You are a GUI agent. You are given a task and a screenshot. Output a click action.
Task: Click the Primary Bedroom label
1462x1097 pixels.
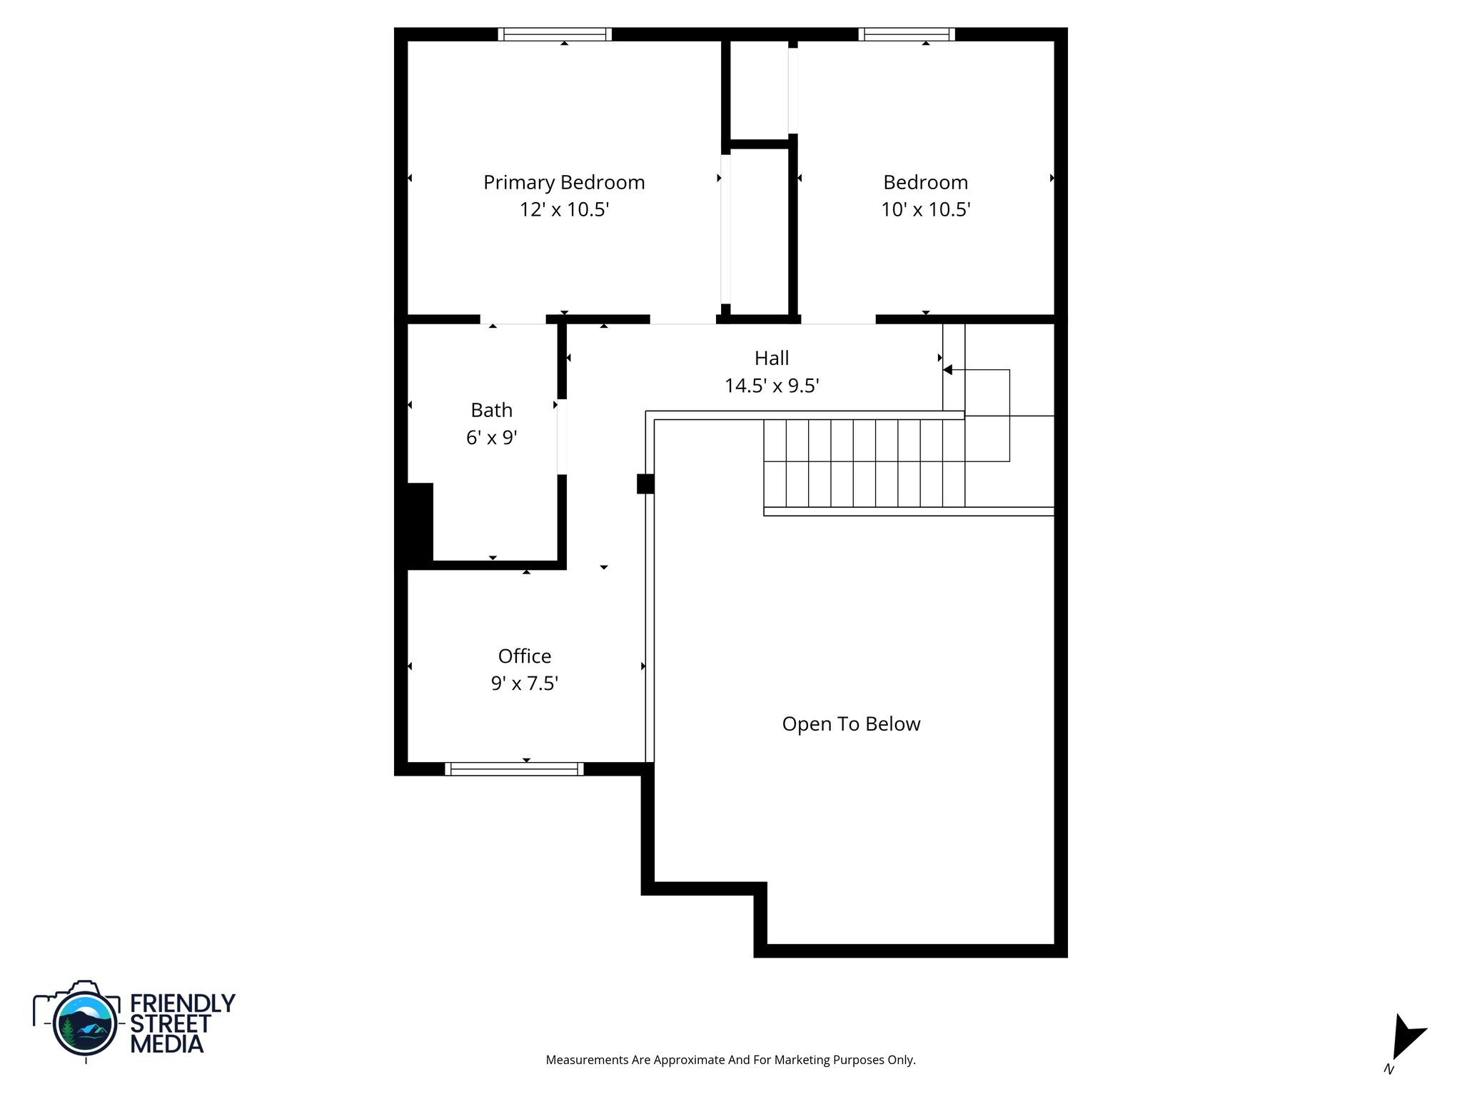[564, 182]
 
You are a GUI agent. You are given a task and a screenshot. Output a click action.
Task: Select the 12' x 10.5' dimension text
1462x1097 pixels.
[564, 210]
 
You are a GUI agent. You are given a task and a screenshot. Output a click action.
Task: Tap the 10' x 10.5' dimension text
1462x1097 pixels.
[925, 210]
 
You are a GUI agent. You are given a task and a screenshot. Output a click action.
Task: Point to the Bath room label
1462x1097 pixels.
[491, 410]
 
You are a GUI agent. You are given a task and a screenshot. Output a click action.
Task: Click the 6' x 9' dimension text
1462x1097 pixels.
[491, 437]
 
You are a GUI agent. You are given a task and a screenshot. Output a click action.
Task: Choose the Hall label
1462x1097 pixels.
[772, 358]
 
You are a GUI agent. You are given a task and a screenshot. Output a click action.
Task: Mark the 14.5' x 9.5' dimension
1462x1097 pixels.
[772, 386]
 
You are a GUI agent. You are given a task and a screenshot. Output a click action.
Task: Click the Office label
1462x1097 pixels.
[524, 656]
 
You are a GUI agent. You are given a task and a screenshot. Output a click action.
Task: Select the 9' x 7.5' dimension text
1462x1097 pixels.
[524, 683]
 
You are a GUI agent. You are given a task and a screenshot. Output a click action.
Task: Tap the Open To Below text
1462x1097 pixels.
[851, 724]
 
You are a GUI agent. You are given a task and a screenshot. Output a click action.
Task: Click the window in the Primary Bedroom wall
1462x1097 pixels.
[555, 34]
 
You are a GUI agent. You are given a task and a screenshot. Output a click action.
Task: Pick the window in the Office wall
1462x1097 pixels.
[514, 768]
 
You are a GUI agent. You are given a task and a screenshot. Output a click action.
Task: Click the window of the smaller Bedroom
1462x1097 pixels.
[907, 34]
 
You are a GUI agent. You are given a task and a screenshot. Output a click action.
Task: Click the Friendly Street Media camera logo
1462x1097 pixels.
[84, 1021]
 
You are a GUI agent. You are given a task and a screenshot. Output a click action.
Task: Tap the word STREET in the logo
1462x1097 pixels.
[170, 1023]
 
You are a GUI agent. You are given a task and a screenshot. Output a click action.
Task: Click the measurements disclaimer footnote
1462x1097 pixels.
[730, 1060]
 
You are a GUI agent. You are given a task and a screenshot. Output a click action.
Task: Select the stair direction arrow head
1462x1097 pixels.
[948, 370]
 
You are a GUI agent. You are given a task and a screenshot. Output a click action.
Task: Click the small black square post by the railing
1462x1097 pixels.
[645, 484]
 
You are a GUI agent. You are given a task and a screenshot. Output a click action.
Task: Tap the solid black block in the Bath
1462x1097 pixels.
[420, 521]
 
